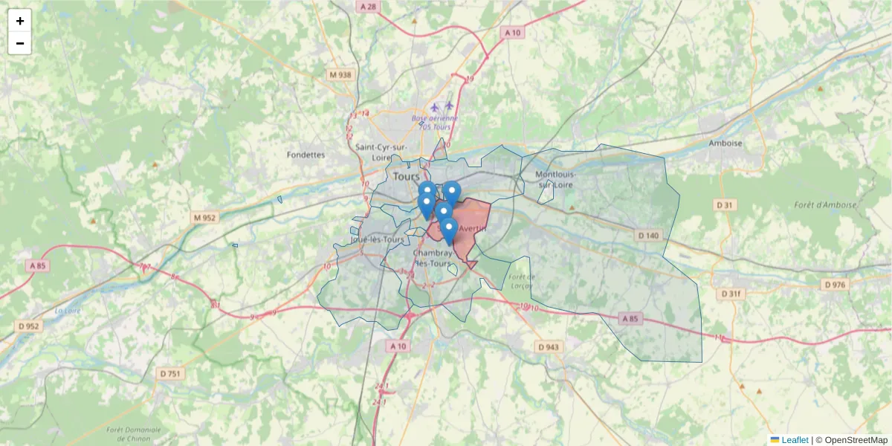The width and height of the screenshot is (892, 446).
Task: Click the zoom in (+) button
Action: click(20, 21)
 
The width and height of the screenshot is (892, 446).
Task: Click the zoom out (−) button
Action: click(20, 43)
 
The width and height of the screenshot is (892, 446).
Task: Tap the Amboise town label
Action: click(725, 143)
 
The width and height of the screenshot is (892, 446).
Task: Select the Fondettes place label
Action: click(306, 155)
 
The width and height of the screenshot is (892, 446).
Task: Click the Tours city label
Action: click(406, 177)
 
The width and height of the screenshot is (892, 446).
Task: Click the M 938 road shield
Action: click(340, 75)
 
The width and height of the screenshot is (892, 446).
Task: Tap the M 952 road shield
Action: click(204, 218)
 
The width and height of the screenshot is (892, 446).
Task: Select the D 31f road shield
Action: click(731, 294)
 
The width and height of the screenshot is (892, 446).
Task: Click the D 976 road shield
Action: click(836, 285)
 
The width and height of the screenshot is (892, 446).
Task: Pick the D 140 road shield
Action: click(648, 236)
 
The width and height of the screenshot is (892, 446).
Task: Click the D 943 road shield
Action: click(549, 347)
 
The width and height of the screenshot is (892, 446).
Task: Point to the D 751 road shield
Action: click(169, 374)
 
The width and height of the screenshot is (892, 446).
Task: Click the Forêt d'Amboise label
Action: click(825, 205)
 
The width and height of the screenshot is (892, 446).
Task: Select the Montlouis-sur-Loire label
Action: click(555, 179)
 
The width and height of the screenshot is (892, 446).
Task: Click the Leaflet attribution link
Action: click(794, 440)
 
